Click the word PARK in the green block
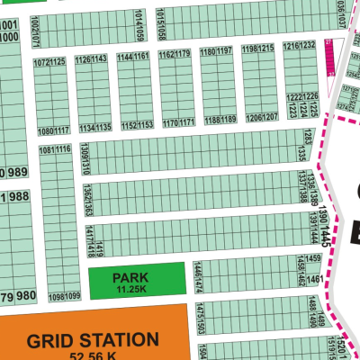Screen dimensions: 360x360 click(130, 278)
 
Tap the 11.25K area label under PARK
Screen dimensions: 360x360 click(130, 289)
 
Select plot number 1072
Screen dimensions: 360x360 click(41, 62)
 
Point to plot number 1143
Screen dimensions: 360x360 click(100, 58)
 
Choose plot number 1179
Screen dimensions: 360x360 click(182, 54)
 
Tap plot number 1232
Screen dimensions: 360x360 click(307, 45)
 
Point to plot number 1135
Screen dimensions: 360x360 click(103, 128)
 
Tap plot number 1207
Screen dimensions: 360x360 click(268, 118)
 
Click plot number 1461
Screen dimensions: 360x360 click(315, 280)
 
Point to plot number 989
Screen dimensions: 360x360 click(19, 172)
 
